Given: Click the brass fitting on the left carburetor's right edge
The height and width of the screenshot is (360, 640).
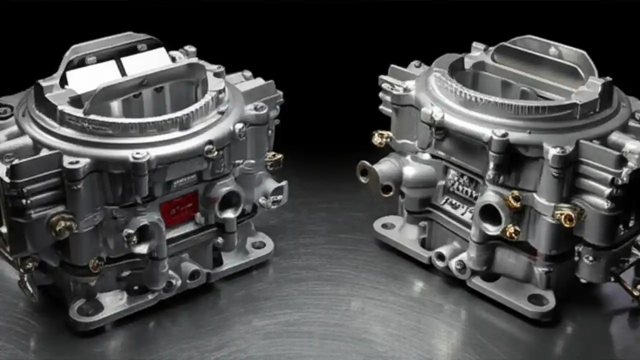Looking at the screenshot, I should tap(273, 160).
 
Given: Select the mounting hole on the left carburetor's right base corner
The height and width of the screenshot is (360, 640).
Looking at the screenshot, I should tap(258, 244).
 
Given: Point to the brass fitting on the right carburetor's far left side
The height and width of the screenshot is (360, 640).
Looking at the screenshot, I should tap(381, 138).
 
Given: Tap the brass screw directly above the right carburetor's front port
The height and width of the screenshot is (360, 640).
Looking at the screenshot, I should tap(513, 200).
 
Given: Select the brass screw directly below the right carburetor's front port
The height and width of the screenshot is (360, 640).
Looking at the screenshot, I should tap(511, 232).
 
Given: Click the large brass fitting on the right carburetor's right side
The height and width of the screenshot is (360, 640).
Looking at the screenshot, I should tap(567, 216).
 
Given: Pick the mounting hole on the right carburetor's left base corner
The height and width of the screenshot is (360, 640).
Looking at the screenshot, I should tap(388, 226).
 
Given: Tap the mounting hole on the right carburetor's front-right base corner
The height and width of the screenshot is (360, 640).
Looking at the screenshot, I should tap(537, 299).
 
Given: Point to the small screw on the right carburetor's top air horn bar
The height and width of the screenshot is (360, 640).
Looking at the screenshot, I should tap(552, 51).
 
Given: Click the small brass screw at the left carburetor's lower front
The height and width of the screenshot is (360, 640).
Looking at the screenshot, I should tap(96, 264).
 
